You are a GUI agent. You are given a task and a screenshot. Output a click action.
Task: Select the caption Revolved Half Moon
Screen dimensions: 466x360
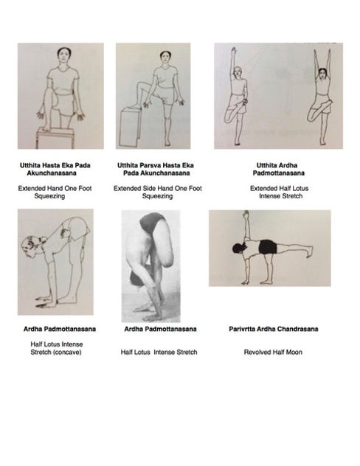point(269,352)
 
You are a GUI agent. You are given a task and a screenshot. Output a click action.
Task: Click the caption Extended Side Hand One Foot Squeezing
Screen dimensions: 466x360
point(157,192)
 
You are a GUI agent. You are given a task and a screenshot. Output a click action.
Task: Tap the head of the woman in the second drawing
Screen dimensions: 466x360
point(157,57)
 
